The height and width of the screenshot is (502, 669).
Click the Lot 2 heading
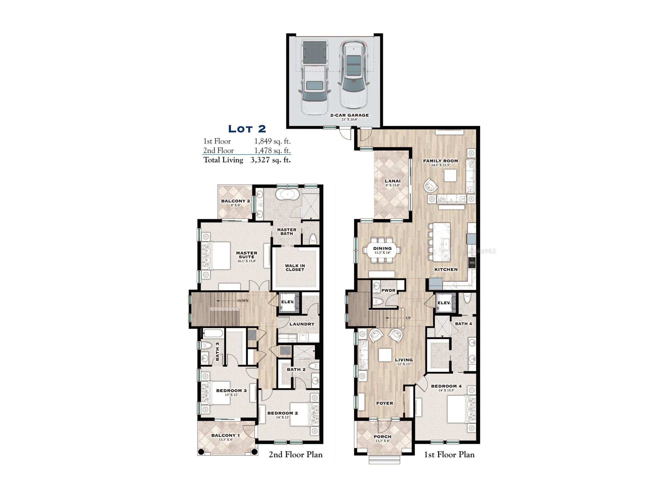247,129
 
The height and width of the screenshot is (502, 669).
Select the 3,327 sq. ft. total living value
270,160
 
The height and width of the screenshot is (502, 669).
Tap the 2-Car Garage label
349,115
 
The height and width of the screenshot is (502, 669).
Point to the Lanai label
393,181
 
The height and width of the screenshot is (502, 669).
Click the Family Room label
440,161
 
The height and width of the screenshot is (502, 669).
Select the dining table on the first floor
382,250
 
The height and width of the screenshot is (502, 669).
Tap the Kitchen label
446,269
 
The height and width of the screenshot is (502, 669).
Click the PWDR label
388,291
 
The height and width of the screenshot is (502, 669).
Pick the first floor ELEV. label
444,302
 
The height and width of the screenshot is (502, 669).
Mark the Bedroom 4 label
446,386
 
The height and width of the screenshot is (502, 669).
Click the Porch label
383,437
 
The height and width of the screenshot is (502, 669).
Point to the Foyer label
385,403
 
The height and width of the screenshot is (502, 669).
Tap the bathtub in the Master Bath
289,194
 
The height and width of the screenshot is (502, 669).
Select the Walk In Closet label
295,268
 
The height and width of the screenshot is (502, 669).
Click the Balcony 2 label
235,201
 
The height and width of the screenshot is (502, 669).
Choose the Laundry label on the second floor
302,324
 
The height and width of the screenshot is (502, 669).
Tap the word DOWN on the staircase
243,300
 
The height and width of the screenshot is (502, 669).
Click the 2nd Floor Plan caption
295,454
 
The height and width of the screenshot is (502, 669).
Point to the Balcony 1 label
225,435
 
